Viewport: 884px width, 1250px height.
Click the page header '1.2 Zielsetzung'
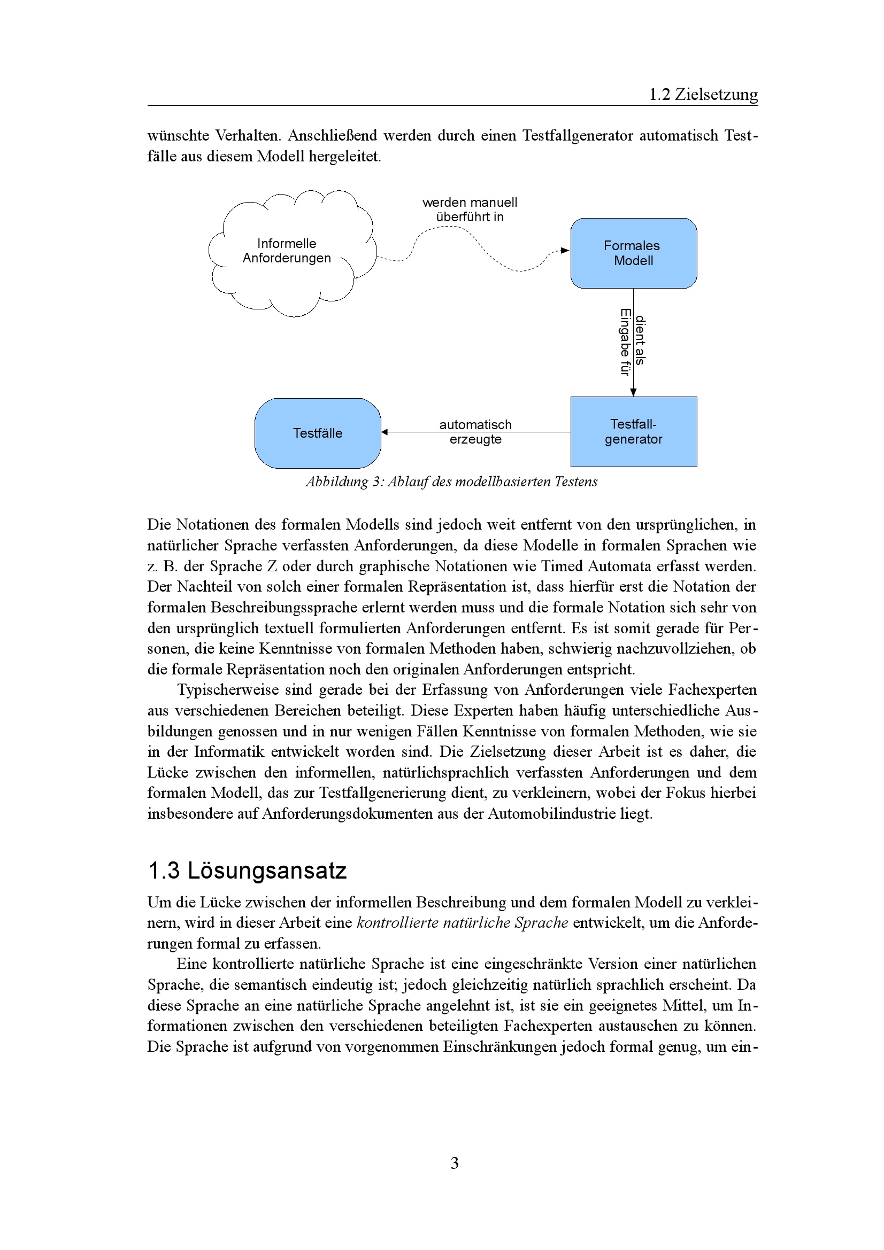coord(703,95)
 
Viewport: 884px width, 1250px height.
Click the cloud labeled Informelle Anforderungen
coord(287,251)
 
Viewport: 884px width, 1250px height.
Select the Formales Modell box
coord(633,253)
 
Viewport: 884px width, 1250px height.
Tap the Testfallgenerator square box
coord(633,432)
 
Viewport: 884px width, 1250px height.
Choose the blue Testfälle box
coord(318,433)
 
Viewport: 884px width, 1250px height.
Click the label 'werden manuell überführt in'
coord(470,209)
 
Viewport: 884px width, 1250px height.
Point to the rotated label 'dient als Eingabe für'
coord(632,342)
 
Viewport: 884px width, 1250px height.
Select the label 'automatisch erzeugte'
coord(475,432)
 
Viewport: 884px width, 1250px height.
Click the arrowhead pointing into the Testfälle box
coord(385,432)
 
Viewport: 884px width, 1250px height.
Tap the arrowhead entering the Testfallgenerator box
coord(633,392)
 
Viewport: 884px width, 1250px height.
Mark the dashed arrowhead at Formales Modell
coord(565,251)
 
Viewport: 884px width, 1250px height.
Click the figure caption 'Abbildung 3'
coord(451,482)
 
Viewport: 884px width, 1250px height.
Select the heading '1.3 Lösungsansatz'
coord(247,871)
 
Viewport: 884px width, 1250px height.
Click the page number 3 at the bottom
coord(454,1163)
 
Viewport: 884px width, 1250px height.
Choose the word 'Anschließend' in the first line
coord(332,136)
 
